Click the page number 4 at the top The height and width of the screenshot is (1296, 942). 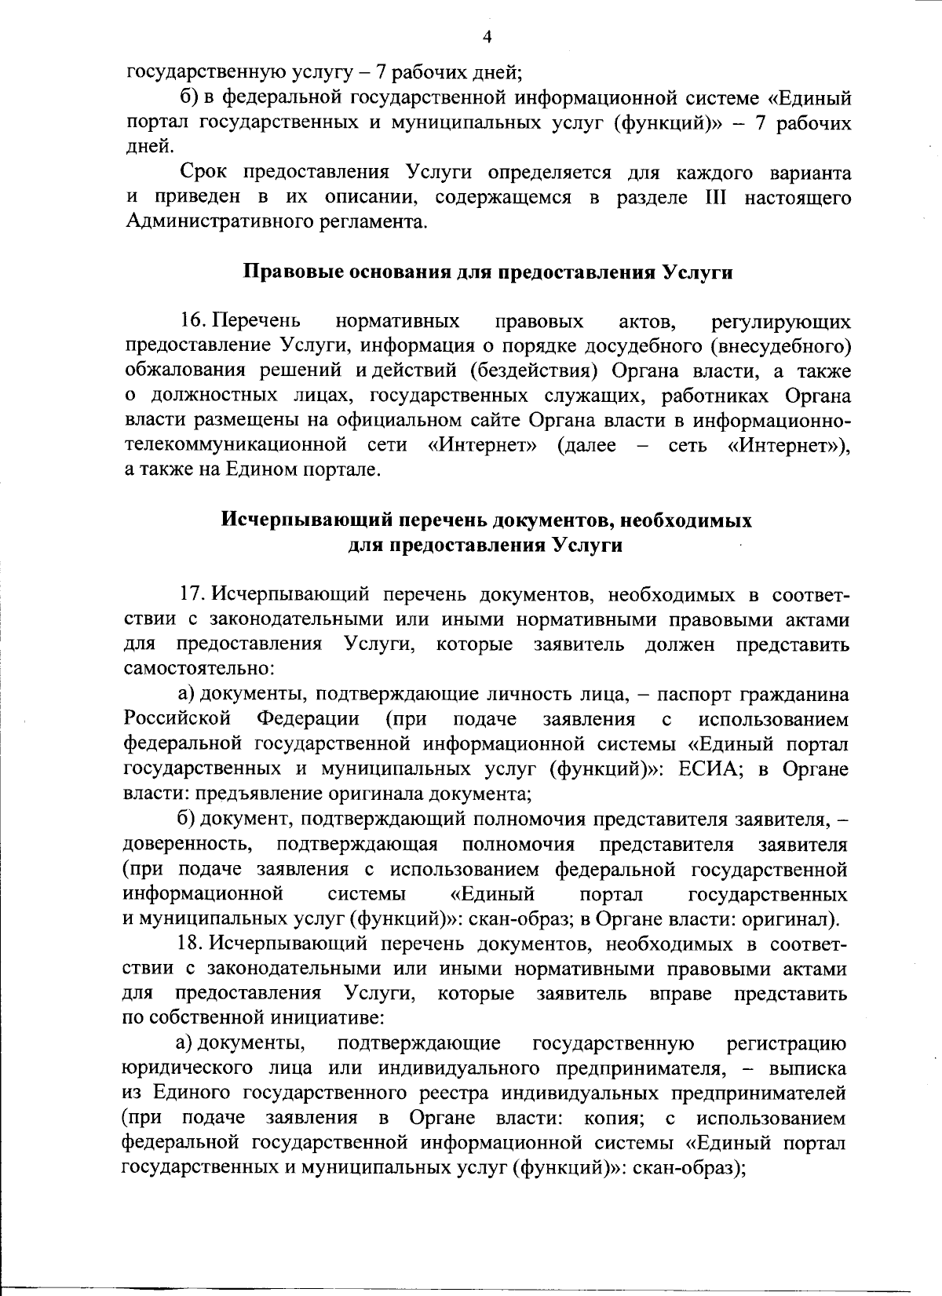pos(487,37)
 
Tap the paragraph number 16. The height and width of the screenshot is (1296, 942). pos(193,321)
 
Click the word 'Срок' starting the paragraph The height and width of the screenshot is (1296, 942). pos(203,172)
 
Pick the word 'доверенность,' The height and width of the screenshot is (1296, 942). pos(188,845)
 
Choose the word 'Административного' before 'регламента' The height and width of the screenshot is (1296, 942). pos(214,222)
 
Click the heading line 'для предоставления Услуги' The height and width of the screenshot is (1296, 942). pos(485,546)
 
